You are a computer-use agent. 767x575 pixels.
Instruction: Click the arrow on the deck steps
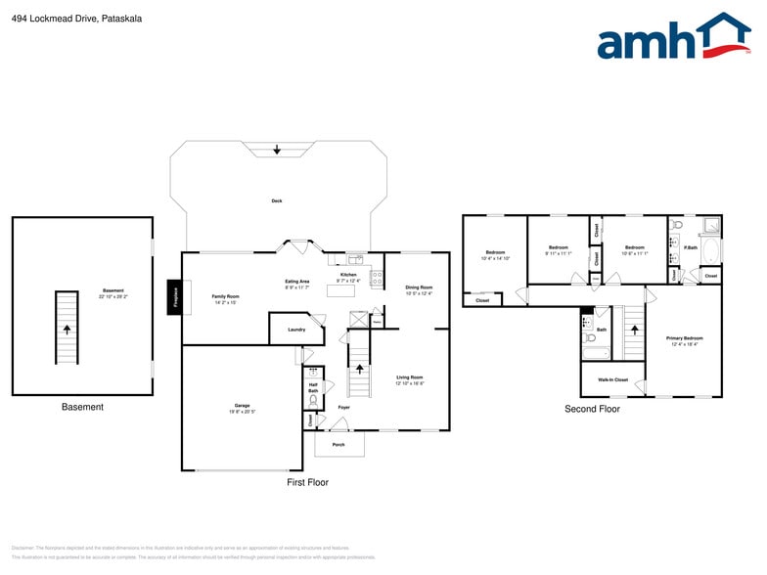[x=277, y=150]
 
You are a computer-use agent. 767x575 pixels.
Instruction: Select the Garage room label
[x=242, y=405]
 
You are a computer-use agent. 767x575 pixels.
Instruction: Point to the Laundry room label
[x=296, y=330]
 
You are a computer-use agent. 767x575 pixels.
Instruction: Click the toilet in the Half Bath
[x=313, y=399]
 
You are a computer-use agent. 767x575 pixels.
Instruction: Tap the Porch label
[x=338, y=444]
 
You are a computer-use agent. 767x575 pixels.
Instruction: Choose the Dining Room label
[x=419, y=287]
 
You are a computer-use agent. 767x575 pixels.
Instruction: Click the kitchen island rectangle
[x=340, y=290]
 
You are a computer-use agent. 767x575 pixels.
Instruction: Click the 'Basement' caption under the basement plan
[x=82, y=407]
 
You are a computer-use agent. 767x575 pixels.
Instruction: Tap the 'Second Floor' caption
[x=592, y=409]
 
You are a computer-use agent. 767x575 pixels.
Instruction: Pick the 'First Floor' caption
[x=307, y=482]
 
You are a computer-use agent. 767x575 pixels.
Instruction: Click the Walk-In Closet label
[x=612, y=379]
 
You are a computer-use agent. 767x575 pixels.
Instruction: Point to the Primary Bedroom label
[x=684, y=338]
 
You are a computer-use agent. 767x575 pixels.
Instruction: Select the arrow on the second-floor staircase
[x=635, y=330]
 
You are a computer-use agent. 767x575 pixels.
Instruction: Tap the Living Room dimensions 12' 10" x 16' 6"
[x=409, y=383]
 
